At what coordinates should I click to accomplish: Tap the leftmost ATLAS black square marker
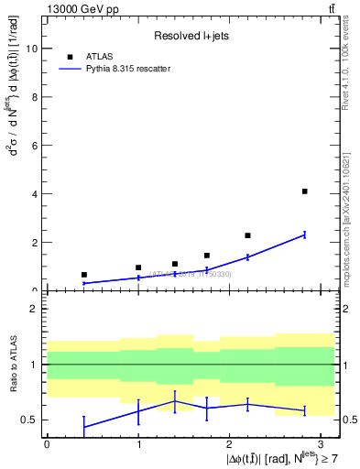tap(83, 275)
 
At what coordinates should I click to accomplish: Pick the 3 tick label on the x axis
tap(322, 443)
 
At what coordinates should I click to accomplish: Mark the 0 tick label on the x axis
tap(47, 443)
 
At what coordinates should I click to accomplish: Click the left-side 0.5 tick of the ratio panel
tap(29, 420)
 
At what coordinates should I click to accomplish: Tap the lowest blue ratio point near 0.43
tap(83, 427)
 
